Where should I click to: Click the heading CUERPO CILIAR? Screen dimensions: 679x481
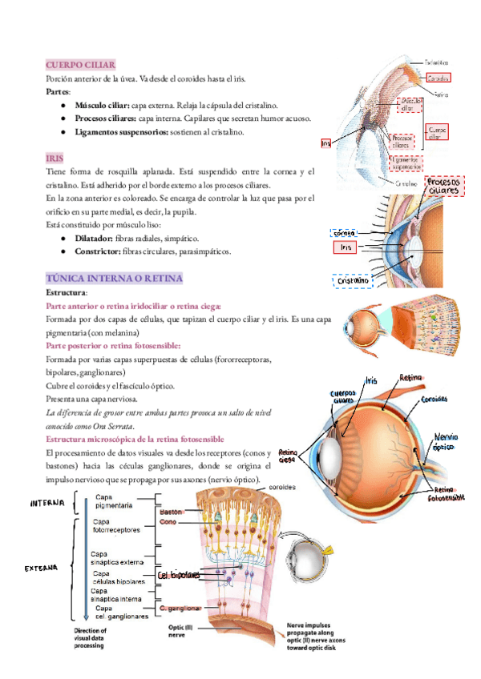pyautogui.click(x=81, y=64)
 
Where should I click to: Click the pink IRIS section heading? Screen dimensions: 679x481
pyautogui.click(x=55, y=159)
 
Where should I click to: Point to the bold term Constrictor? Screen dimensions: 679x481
pyautogui.click(x=98, y=251)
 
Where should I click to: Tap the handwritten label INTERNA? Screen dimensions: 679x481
pyautogui.click(x=47, y=503)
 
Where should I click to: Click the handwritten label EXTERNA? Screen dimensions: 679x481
pyautogui.click(x=40, y=568)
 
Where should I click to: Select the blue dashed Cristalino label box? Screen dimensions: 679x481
pyautogui.click(x=353, y=281)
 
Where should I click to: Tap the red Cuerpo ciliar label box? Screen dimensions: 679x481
pyautogui.click(x=438, y=131)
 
